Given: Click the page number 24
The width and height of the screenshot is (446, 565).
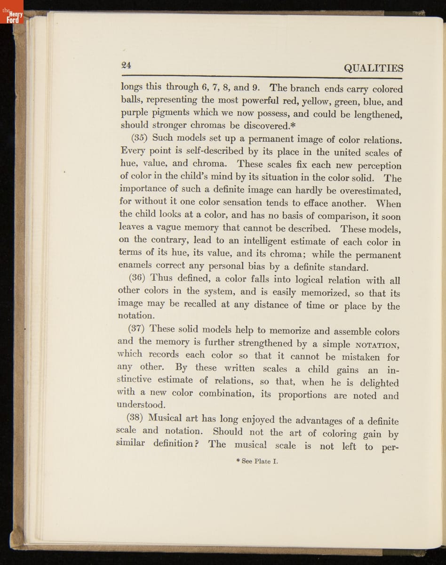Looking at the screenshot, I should pos(126,65).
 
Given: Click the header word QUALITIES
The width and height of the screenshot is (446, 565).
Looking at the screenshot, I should pos(374,68).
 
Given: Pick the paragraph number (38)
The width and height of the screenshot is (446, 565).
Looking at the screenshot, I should pos(137,417).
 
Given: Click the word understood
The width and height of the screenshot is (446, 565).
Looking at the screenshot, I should pos(141,404).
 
